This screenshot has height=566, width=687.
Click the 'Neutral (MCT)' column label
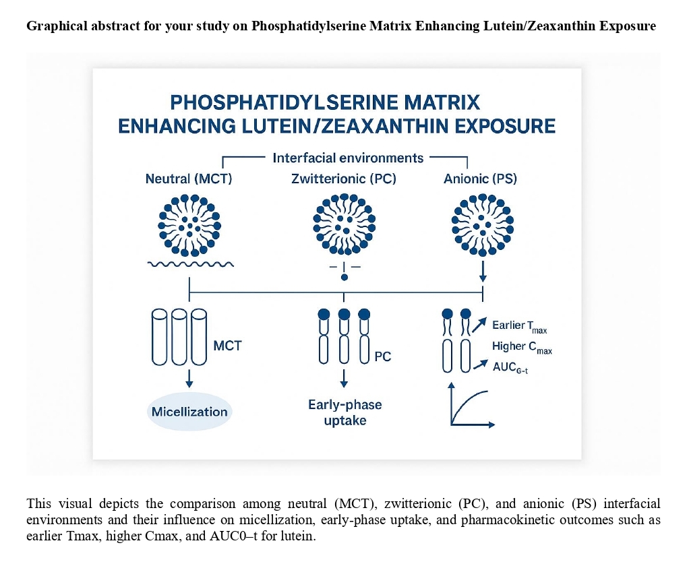pyautogui.click(x=189, y=180)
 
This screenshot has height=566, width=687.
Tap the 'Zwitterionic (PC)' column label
pyautogui.click(x=344, y=180)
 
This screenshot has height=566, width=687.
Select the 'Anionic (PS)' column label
pyautogui.click(x=481, y=180)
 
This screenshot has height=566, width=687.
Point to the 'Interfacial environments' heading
pyautogui.click(x=348, y=158)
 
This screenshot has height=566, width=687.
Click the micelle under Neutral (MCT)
pyautogui.click(x=190, y=224)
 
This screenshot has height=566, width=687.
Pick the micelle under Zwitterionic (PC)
pyautogui.click(x=344, y=224)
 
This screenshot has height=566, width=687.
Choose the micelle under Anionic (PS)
pyautogui.click(x=482, y=224)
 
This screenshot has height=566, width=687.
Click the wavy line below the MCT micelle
pyautogui.click(x=190, y=264)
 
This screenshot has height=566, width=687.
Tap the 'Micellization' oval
pyautogui.click(x=189, y=412)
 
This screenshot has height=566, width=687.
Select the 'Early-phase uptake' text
pyautogui.click(x=345, y=412)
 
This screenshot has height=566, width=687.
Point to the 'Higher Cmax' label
pyautogui.click(x=522, y=347)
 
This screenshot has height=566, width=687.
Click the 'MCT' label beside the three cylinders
pyautogui.click(x=227, y=346)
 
